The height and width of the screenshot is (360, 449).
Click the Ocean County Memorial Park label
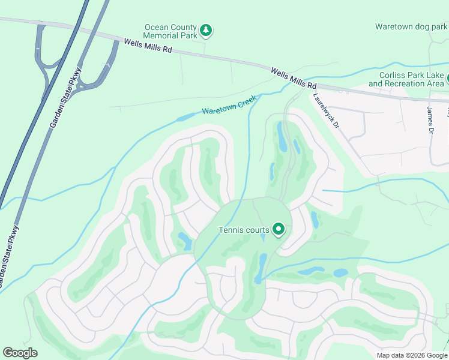click(x=170, y=32)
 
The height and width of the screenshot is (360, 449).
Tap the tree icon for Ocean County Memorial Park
click(x=206, y=29)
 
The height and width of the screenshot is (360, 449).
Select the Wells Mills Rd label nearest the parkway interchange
click(x=148, y=46)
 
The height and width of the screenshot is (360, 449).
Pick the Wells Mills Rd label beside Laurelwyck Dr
click(x=293, y=77)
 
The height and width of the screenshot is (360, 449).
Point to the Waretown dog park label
click(x=411, y=26)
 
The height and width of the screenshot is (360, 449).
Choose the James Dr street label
click(x=430, y=120)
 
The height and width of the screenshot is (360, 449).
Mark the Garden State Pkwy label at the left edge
click(x=7, y=256)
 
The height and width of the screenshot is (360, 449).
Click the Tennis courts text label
click(x=244, y=230)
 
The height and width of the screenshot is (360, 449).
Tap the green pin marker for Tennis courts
click(x=279, y=229)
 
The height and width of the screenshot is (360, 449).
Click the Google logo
click(x=20, y=353)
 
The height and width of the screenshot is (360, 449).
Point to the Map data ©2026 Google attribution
click(x=412, y=355)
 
